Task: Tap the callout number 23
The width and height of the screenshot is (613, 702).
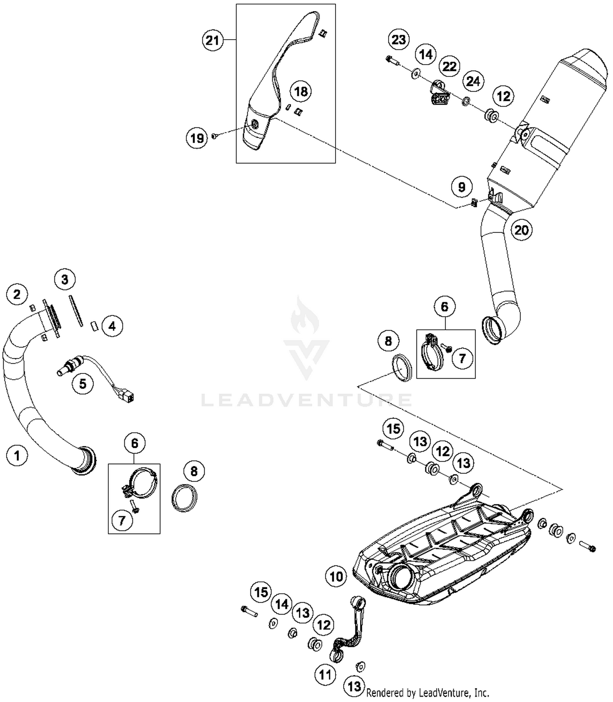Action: (x=398, y=40)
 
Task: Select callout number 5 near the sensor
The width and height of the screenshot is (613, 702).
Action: (x=83, y=384)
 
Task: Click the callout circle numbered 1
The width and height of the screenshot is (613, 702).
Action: (x=17, y=455)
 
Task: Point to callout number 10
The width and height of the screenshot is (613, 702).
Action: (x=336, y=577)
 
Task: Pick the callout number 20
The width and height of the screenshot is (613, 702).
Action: (x=521, y=230)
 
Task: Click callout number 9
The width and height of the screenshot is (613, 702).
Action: (x=461, y=187)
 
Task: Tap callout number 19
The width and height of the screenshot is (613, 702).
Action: (x=197, y=138)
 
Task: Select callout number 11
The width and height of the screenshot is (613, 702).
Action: (x=325, y=674)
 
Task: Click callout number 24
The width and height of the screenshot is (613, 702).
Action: (x=473, y=81)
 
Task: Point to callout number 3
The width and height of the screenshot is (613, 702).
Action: (x=65, y=279)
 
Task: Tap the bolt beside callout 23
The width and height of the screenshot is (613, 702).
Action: (x=392, y=61)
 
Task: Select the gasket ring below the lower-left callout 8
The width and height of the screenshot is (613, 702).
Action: (x=184, y=498)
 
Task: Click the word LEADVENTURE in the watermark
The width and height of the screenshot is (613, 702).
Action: (x=306, y=400)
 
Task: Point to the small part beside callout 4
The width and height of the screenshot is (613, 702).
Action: (x=94, y=326)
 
